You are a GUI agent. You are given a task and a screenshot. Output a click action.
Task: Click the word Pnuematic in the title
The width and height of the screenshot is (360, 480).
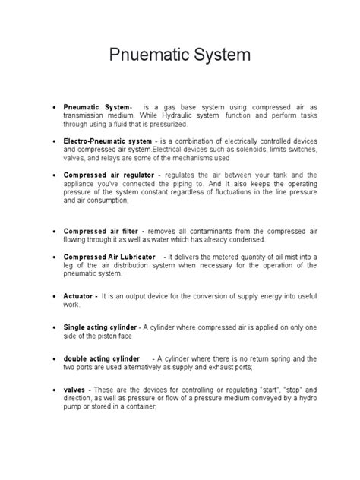click(x=141, y=56)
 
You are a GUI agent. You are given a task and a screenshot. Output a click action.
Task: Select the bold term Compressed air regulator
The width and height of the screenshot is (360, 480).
click(x=110, y=174)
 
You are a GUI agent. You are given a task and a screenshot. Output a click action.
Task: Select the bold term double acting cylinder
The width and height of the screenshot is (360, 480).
click(x=103, y=358)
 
